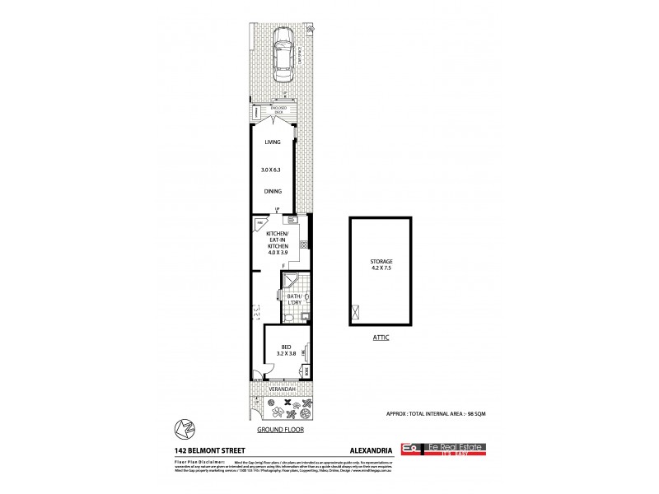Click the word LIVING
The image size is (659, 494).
pyautogui.click(x=273, y=142)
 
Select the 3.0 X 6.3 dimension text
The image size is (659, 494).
pyautogui.click(x=273, y=167)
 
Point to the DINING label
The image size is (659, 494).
pyautogui.click(x=273, y=191)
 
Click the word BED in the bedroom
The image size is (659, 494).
pyautogui.click(x=285, y=347)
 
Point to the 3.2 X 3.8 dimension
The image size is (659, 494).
pyautogui.click(x=285, y=355)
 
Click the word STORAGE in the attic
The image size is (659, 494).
pyautogui.click(x=381, y=261)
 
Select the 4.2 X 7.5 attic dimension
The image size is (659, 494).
pyautogui.click(x=381, y=268)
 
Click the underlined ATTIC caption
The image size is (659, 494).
pyautogui.click(x=380, y=338)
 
